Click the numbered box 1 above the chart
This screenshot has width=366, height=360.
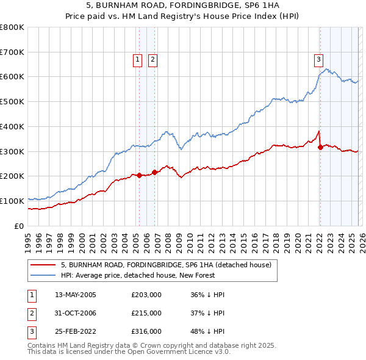[137, 59]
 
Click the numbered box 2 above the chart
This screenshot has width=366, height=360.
[152, 59]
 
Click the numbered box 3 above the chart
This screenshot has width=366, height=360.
[318, 59]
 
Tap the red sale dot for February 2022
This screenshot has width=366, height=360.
[320, 147]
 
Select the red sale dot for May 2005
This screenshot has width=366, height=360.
[139, 175]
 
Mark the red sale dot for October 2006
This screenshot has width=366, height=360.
[155, 172]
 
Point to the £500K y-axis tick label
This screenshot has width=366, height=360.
[12, 101]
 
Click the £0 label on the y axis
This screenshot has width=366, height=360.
[19, 226]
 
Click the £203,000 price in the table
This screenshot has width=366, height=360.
[146, 295]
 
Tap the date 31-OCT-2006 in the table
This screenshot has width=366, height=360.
[76, 313]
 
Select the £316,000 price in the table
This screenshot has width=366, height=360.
[146, 331]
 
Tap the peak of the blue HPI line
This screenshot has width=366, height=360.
[326, 68]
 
